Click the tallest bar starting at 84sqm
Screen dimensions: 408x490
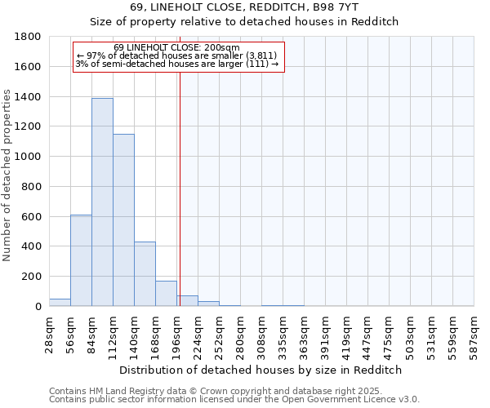(x=102, y=202)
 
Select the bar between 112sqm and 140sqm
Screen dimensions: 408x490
(x=123, y=220)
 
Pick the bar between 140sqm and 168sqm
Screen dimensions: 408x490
(x=145, y=274)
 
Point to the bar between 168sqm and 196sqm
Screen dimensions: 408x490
(x=166, y=294)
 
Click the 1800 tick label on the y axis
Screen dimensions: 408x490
(x=29, y=37)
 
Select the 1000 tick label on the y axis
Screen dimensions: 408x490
(x=29, y=157)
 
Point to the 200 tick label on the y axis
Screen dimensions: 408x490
(x=32, y=277)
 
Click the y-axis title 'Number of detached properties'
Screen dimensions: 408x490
(x=7, y=171)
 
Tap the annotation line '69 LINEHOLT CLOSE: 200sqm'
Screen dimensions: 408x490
(x=176, y=47)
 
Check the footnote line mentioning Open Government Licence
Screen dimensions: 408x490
(x=234, y=400)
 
